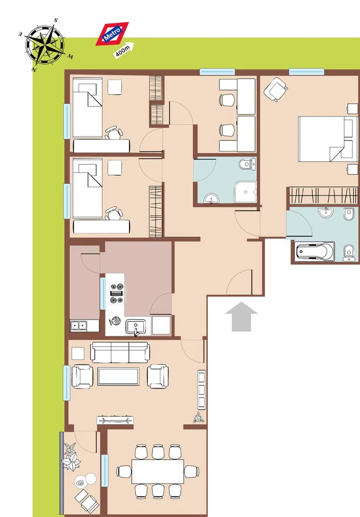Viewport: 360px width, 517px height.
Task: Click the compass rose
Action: tap(45, 45)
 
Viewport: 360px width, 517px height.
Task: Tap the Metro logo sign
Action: tap(112, 34)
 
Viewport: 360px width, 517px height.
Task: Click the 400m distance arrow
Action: tap(124, 50)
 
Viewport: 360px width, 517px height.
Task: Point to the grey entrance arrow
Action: tap(241, 317)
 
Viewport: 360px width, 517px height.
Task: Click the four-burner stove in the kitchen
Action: tap(117, 293)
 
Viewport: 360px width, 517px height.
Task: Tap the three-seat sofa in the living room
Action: tap(120, 353)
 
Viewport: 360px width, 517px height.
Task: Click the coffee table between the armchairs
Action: tap(118, 377)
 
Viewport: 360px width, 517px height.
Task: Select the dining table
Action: tap(158, 471)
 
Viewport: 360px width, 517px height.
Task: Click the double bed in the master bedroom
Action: tap(328, 139)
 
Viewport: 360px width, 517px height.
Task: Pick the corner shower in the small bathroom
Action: tap(245, 192)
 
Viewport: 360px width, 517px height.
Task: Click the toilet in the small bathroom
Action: tap(247, 164)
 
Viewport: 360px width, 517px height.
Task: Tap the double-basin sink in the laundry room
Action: tap(79, 326)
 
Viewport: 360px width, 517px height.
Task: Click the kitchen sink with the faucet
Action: tap(135, 327)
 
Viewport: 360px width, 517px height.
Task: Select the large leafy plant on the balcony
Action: tap(71, 460)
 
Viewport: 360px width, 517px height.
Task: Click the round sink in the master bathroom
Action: tap(326, 212)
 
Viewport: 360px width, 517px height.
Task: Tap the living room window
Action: tap(67, 383)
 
